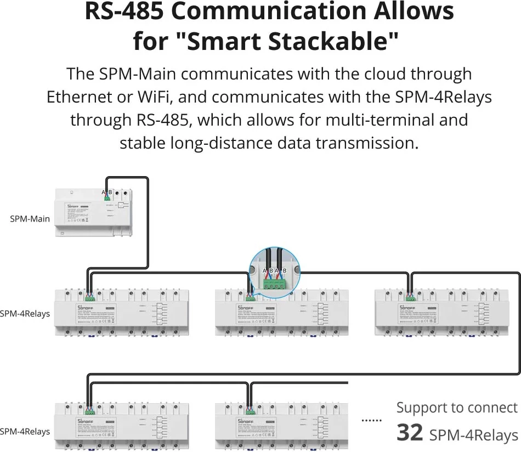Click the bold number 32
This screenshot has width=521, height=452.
click(410, 432)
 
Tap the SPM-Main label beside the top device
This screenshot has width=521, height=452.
click(30, 219)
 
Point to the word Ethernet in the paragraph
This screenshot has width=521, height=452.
click(82, 97)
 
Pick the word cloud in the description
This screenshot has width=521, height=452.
click(377, 74)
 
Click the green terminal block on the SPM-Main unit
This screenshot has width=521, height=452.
click(107, 198)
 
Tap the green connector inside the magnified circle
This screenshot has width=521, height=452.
click(275, 284)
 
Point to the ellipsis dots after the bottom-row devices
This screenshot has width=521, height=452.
click(371, 420)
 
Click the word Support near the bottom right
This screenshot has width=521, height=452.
click(420, 408)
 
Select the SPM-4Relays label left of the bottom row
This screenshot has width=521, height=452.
click(25, 431)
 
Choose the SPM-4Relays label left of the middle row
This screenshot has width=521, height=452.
click(25, 314)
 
